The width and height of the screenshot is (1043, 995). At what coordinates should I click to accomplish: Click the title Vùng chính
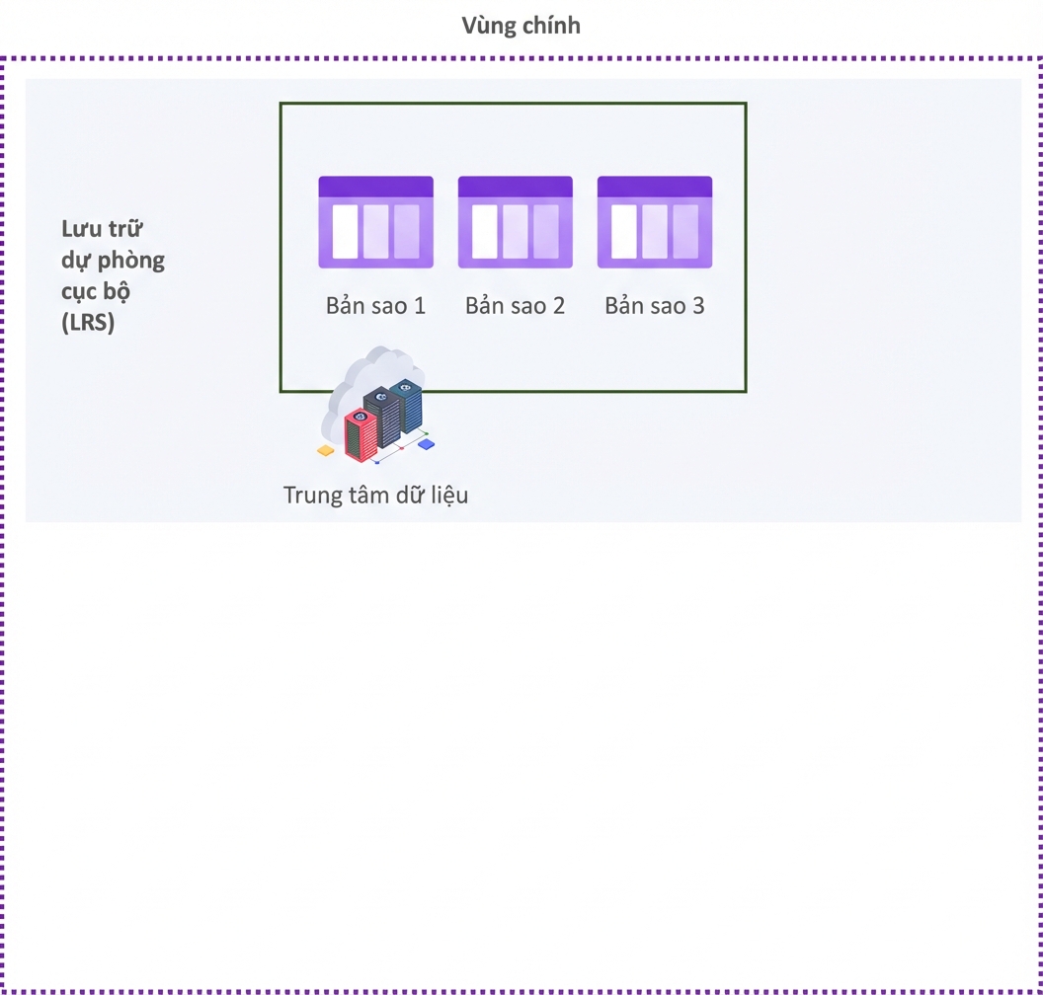click(521, 26)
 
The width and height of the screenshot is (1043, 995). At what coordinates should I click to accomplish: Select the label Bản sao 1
click(375, 306)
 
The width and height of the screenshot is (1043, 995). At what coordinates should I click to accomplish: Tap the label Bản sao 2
click(515, 306)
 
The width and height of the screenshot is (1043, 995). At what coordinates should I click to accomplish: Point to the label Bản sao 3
click(655, 306)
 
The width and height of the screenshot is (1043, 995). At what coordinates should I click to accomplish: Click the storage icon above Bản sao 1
click(376, 222)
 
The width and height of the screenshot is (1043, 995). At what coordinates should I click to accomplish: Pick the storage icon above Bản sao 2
click(516, 222)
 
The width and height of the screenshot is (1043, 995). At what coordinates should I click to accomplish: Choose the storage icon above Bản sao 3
click(655, 222)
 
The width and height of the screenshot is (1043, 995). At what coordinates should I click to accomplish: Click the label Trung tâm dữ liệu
click(376, 496)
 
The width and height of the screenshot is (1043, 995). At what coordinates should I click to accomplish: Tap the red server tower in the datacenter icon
click(361, 435)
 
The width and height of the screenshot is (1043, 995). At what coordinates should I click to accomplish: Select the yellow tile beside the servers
click(325, 451)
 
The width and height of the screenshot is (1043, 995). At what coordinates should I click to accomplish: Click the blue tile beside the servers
click(426, 444)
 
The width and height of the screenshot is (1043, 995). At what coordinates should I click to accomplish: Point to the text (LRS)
click(88, 323)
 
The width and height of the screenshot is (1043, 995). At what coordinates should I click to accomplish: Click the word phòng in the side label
click(131, 261)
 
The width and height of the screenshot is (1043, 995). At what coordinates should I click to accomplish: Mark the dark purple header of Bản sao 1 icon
click(376, 187)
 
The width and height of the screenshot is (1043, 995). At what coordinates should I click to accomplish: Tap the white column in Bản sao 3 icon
click(624, 231)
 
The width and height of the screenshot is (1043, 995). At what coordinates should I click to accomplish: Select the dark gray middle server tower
click(382, 417)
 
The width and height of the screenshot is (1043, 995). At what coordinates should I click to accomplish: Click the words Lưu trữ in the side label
click(102, 229)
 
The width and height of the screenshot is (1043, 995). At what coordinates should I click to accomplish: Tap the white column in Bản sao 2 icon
click(485, 231)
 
